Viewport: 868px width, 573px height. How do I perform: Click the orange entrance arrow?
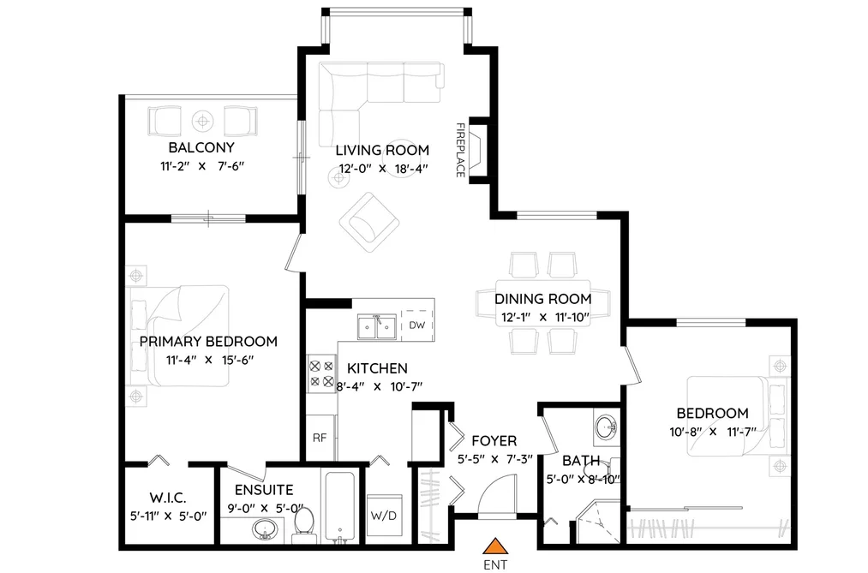[x=495, y=546]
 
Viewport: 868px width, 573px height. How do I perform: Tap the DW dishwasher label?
[x=416, y=325]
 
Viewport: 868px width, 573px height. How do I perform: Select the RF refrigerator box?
[x=320, y=438]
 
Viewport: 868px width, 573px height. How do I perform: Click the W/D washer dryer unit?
[x=384, y=516]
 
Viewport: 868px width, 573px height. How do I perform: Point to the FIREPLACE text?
[x=460, y=150]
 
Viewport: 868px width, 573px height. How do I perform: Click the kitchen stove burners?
[x=321, y=373]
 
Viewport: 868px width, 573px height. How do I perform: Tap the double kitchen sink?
[x=377, y=326]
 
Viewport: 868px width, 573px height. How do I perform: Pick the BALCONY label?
[x=201, y=147]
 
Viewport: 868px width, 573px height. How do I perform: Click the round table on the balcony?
[x=202, y=120]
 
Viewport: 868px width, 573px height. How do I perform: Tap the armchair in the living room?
[x=369, y=222]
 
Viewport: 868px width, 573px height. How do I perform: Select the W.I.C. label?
[x=168, y=498]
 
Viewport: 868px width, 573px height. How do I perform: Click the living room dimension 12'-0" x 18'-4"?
[x=384, y=169]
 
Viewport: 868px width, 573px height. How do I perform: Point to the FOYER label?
[x=494, y=441]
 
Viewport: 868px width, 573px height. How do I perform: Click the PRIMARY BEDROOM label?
[x=208, y=341]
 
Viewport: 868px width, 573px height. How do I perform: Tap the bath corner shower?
[x=597, y=522]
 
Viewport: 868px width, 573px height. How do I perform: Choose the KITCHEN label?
[x=377, y=368]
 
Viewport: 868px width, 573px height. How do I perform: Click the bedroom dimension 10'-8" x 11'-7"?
[x=713, y=432]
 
